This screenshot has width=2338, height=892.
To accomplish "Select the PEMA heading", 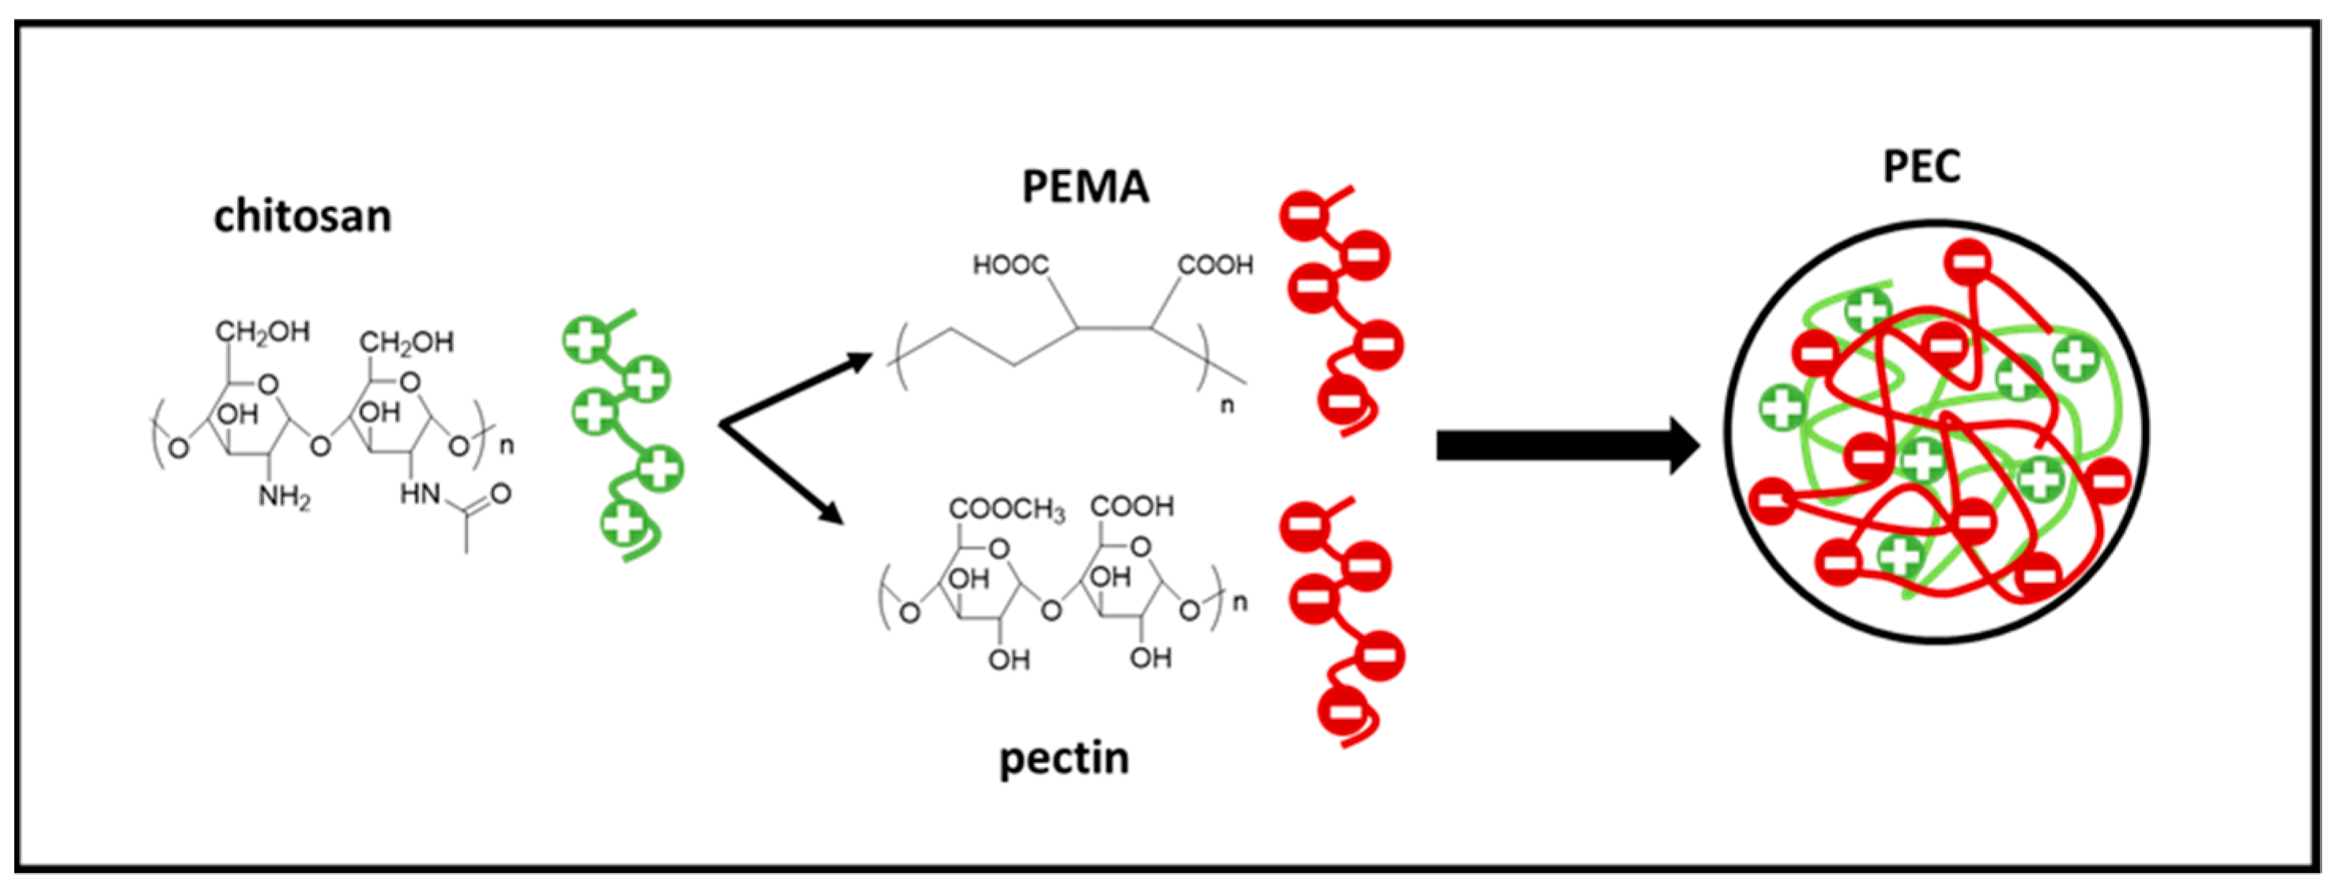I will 1084,188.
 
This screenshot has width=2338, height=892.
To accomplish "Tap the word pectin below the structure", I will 1064,758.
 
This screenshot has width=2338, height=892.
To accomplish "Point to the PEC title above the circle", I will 1921,167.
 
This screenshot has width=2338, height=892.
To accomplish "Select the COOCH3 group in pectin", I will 1005,510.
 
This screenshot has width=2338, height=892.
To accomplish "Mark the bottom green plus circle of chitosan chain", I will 624,524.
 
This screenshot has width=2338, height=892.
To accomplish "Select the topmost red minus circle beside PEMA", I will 1305,216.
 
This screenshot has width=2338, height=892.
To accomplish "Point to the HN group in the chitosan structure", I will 420,495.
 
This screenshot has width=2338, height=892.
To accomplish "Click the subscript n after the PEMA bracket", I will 1226,405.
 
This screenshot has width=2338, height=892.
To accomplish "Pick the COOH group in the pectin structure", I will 1132,506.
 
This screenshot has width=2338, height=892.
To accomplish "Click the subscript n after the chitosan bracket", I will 507,446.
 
